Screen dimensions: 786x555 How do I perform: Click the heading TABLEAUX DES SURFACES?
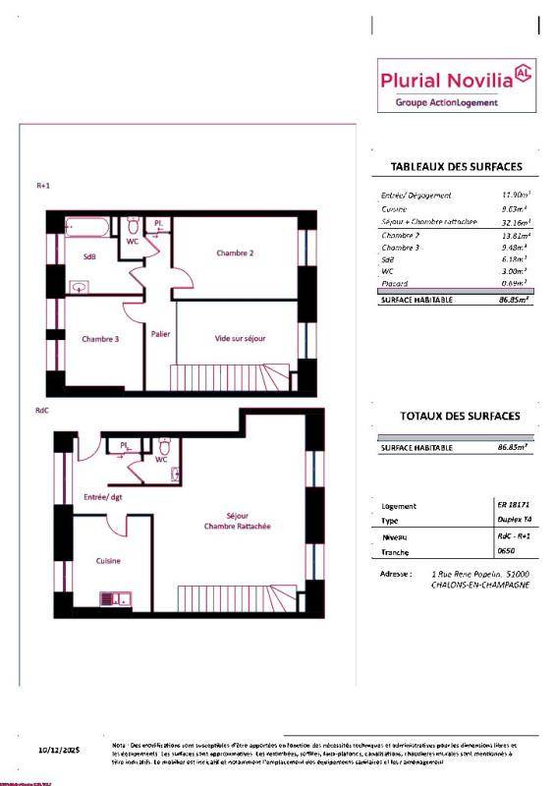click(456, 166)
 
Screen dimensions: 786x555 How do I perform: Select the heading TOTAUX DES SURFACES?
click(459, 416)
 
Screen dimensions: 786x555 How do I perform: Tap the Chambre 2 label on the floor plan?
click(236, 253)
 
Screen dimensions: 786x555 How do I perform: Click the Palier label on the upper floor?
click(161, 334)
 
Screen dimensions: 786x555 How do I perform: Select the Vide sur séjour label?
click(241, 339)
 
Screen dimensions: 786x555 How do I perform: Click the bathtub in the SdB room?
click(88, 229)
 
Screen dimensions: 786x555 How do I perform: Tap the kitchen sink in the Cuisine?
click(116, 596)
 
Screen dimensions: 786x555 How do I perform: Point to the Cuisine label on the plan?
click(108, 561)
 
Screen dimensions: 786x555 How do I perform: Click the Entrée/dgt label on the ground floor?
click(103, 497)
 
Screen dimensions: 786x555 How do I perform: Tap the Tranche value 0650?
click(507, 551)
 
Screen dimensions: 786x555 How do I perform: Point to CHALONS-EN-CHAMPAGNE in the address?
click(478, 585)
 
